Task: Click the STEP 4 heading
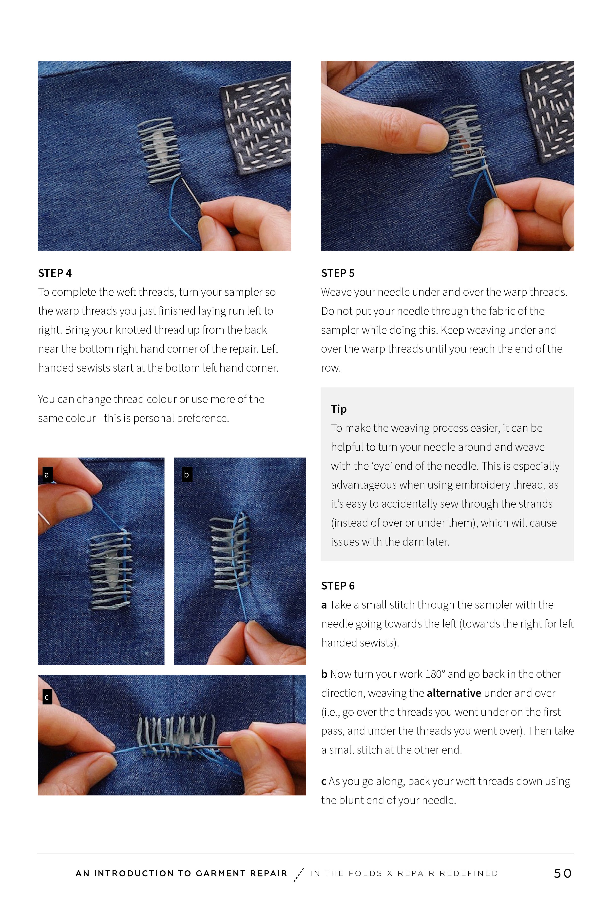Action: coord(55,273)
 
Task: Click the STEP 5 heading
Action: coord(338,273)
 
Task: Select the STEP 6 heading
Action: coord(338,586)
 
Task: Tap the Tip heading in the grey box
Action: coord(338,409)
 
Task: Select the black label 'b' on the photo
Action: coord(187,475)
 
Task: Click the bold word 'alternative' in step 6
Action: coord(454,693)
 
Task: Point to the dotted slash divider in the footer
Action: coord(299,874)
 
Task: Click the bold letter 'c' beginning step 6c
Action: coord(324,781)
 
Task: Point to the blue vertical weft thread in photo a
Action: coord(125,566)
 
